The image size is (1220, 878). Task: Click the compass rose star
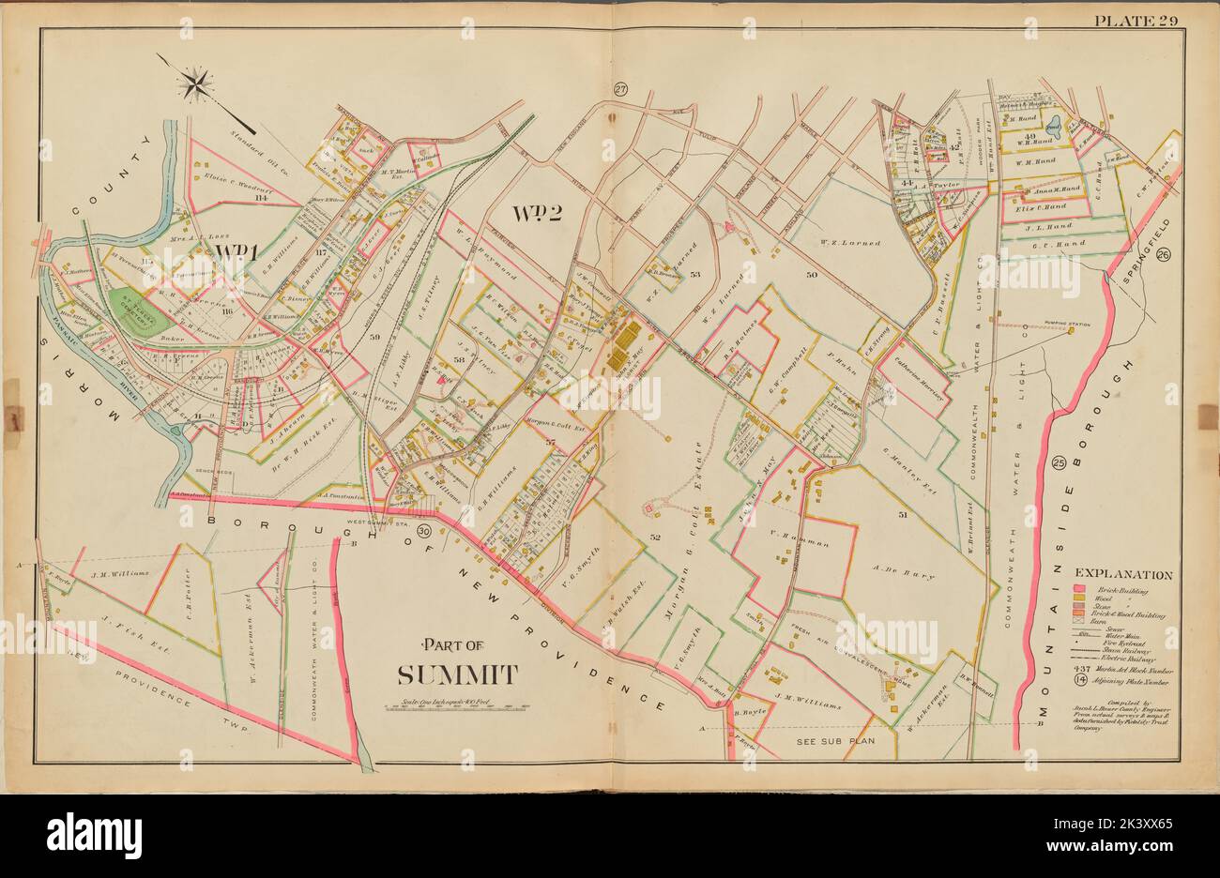coord(196,84)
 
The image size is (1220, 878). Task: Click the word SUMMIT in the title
coord(457,674)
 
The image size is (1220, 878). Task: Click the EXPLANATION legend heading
coord(1122,574)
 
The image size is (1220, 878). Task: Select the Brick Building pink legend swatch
coord(1080,589)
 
